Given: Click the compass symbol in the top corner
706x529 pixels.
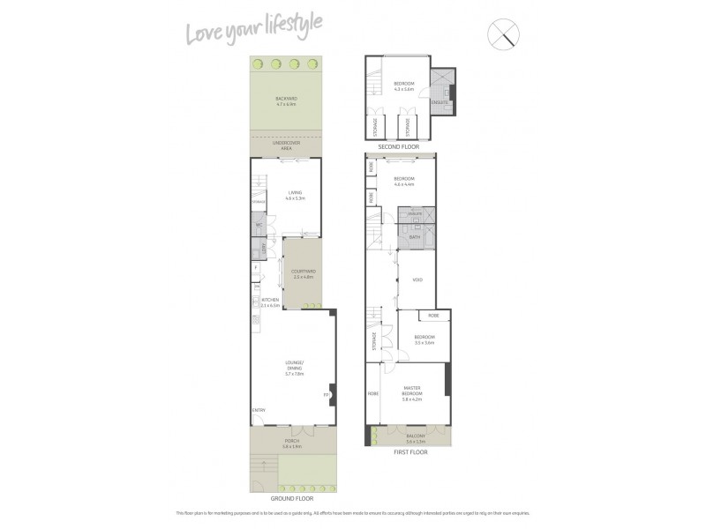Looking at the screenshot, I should [507, 34].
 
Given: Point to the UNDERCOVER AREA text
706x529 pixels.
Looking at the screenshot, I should [286, 146].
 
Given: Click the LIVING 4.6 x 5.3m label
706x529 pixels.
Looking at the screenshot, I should [295, 197].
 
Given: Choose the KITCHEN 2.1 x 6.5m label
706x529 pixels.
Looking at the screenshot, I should [270, 302].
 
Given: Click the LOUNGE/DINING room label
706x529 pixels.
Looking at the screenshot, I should [294, 369].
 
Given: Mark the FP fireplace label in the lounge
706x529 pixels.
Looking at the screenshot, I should [326, 394].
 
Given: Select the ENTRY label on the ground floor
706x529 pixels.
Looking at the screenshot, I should [258, 410].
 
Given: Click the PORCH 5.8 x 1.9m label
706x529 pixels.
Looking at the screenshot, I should [292, 443].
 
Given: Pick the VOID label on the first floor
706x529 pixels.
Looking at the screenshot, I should [417, 280].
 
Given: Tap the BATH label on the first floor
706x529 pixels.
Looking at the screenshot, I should [415, 236].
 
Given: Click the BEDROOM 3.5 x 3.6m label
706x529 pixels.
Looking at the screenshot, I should [424, 339].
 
